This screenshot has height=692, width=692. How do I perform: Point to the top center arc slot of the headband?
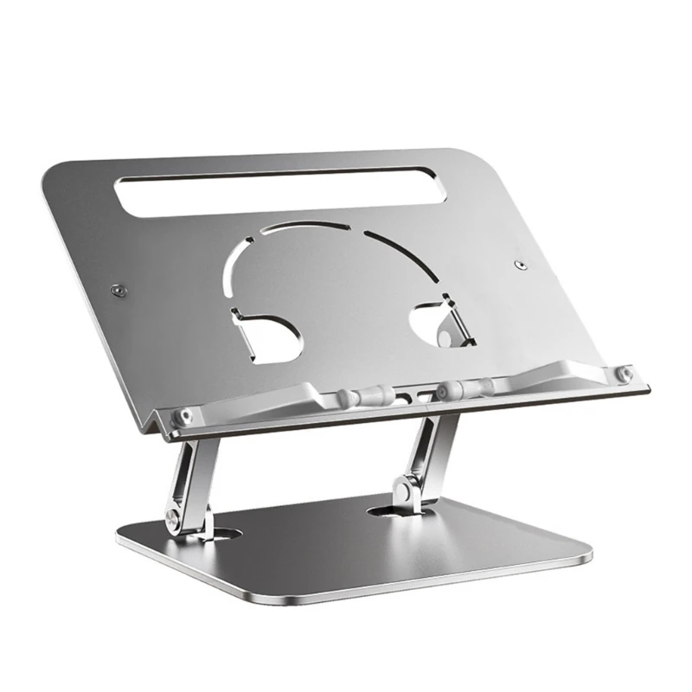click(x=308, y=227)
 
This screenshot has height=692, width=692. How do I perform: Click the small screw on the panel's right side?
click(x=519, y=265)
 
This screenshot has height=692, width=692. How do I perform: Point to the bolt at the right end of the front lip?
click(x=621, y=374)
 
